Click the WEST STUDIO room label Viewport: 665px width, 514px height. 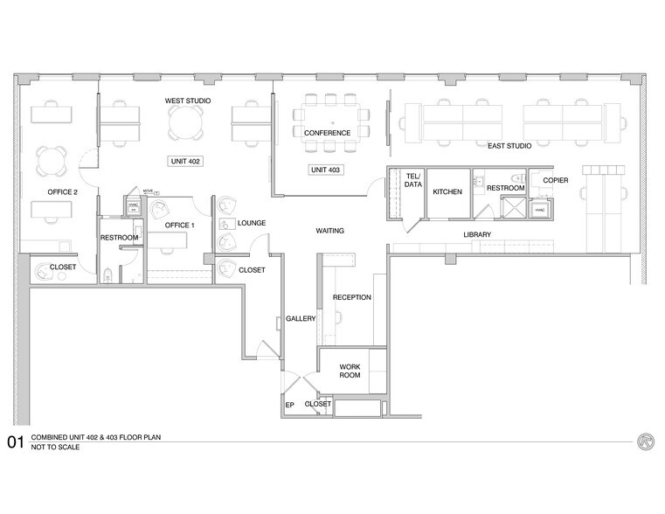(x=185, y=101)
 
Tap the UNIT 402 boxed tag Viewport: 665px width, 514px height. (x=184, y=161)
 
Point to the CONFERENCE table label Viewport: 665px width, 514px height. (x=327, y=133)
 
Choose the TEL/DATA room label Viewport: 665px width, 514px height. (x=413, y=180)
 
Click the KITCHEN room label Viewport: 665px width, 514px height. (x=447, y=190)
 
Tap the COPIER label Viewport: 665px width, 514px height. (x=556, y=180)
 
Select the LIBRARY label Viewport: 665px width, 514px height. (x=477, y=234)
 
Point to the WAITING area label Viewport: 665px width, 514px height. (x=329, y=231)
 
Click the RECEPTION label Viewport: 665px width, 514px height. (x=352, y=297)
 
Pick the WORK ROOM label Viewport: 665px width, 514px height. (x=350, y=371)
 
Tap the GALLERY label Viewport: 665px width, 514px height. (x=300, y=319)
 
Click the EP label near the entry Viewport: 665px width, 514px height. (x=290, y=406)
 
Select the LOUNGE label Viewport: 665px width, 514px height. (x=253, y=223)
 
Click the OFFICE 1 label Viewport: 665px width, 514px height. (x=179, y=226)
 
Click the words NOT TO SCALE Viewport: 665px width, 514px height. (x=55, y=447)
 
